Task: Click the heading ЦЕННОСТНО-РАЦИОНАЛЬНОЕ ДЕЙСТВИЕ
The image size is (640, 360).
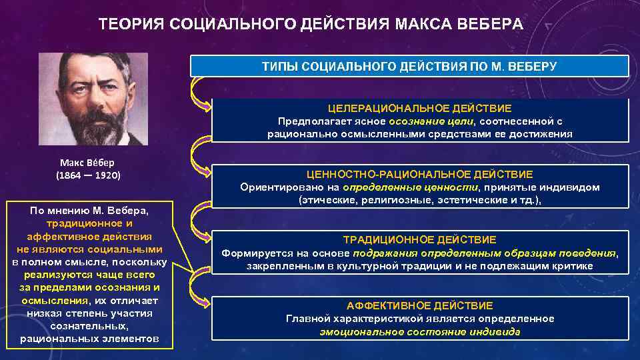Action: tap(420, 174)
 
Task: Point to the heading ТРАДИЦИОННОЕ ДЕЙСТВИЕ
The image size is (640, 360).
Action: tap(420, 239)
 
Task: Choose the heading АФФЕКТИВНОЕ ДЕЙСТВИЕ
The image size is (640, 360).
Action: tap(420, 305)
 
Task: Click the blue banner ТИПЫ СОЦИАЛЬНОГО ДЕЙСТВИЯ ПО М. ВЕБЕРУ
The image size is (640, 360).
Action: tap(410, 67)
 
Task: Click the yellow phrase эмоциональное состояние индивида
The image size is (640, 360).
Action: tap(420, 331)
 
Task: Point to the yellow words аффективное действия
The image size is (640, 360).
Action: tap(89, 236)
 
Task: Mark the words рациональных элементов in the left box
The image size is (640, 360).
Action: tap(89, 339)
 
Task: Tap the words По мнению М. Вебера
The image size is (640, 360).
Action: tap(89, 211)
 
